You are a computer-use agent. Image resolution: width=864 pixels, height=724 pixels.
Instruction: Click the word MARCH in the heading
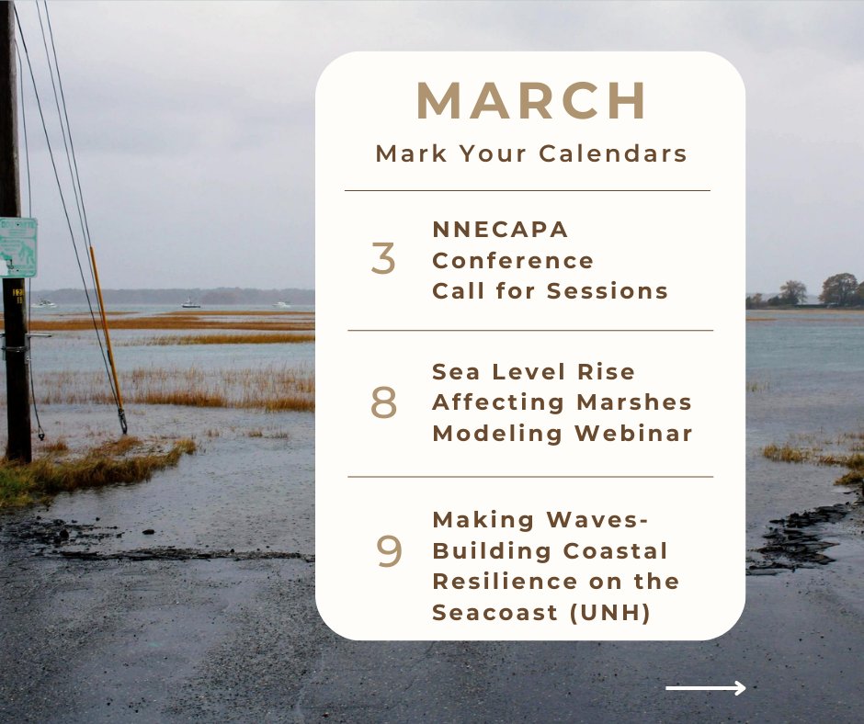coord(531,101)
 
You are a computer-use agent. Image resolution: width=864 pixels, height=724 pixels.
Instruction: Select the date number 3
coord(383,259)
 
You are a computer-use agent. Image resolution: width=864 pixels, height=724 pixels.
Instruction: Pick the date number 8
coord(383,403)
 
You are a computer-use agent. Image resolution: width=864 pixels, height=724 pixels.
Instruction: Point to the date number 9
coord(390,551)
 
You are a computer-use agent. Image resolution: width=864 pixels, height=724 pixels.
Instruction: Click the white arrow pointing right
coord(705,687)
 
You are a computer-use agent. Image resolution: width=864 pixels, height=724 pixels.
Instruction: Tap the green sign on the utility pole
coord(17,247)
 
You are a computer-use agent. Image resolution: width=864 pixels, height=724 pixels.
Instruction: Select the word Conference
coord(513,260)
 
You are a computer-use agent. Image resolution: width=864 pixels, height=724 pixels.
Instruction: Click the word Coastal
coord(617,550)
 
